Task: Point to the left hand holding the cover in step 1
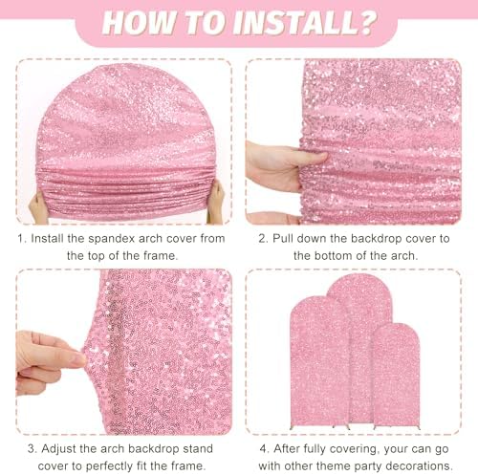point(38,207)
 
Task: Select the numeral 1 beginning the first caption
point(21,238)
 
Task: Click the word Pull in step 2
point(283,238)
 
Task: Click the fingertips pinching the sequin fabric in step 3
point(76,359)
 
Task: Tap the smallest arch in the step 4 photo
point(396,376)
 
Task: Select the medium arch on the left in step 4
point(318,363)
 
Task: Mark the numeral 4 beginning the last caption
point(263,449)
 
